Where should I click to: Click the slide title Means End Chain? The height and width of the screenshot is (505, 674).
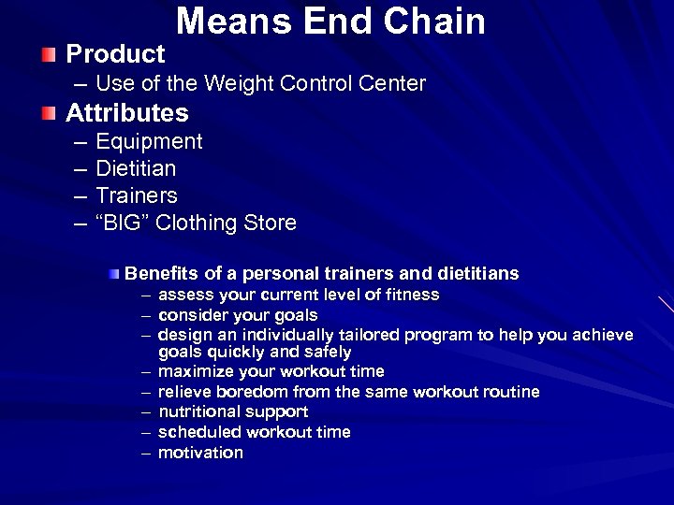pyautogui.click(x=331, y=22)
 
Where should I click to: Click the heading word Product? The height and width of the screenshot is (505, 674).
pyautogui.click(x=115, y=54)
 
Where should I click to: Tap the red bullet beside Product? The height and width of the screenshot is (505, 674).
pyautogui.click(x=49, y=53)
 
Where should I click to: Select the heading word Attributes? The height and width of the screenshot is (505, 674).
pyautogui.click(x=127, y=114)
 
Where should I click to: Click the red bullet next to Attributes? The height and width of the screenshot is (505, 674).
pyautogui.click(x=49, y=114)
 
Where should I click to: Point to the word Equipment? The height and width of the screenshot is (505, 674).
pyautogui.click(x=149, y=142)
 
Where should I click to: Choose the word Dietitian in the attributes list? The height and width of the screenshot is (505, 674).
pyautogui.click(x=136, y=169)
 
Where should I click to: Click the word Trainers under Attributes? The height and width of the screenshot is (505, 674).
pyautogui.click(x=137, y=196)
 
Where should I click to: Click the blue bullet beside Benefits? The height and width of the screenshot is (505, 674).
pyautogui.click(x=114, y=273)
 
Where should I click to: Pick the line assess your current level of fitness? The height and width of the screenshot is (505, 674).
pyautogui.click(x=299, y=296)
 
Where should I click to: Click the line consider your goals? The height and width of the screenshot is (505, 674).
pyautogui.click(x=238, y=316)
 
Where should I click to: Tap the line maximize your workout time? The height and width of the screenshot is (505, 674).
pyautogui.click(x=271, y=372)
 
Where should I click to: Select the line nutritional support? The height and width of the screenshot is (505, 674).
pyautogui.click(x=233, y=412)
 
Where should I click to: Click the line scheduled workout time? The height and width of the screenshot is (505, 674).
pyautogui.click(x=255, y=433)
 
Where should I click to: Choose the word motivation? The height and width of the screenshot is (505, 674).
pyautogui.click(x=200, y=454)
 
